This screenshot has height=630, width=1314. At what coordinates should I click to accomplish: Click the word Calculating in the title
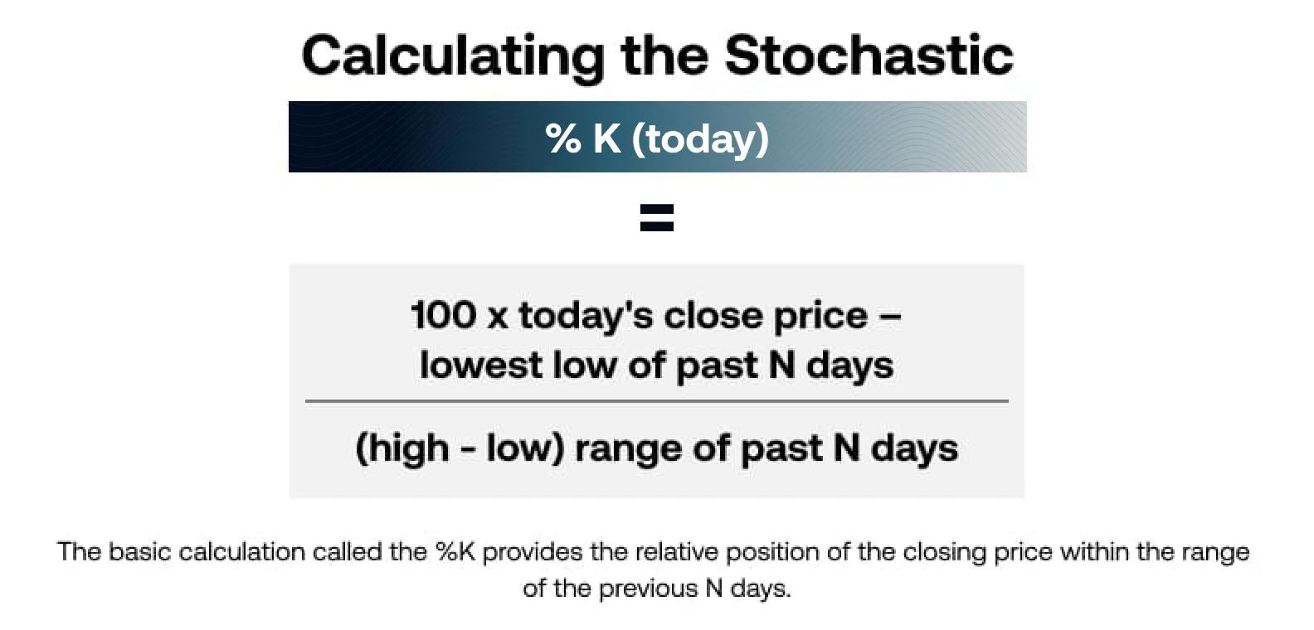(x=454, y=57)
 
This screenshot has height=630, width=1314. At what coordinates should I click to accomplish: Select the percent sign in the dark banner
(x=563, y=138)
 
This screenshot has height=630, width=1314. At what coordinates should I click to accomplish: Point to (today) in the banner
(x=700, y=139)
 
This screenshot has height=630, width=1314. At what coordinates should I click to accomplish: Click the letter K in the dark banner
(x=606, y=138)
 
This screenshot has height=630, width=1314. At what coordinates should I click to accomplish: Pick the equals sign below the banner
(x=657, y=217)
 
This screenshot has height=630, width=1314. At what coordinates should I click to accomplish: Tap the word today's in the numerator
(x=585, y=317)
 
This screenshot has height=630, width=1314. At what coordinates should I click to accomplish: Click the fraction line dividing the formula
(x=657, y=401)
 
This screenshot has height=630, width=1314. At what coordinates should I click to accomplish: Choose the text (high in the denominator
(x=402, y=449)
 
